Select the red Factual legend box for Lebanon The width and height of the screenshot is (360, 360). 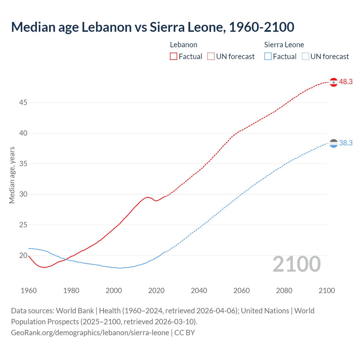174,57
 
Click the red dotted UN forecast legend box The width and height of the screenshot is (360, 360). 211,57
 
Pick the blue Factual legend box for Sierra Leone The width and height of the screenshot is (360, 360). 268,57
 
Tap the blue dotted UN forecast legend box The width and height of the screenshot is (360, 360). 305,57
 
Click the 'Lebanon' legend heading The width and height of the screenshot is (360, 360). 183,45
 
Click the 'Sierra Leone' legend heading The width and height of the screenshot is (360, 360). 284,45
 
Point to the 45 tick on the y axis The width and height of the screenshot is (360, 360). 23,103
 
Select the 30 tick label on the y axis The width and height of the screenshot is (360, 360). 23,194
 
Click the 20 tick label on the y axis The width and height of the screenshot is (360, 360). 23,256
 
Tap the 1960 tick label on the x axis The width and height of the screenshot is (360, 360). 29,291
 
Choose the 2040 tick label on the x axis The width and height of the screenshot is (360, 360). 199,291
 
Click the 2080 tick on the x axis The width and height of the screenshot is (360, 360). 284,291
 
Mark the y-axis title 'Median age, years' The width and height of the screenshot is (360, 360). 12,175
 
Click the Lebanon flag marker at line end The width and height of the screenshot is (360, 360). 334,82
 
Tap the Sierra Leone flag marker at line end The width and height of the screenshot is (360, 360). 334,143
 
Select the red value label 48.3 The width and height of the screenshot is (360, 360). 346,82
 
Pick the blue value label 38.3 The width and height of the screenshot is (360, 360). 346,143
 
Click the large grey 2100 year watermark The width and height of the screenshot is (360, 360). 297,264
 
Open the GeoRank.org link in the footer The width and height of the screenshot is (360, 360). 90,333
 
